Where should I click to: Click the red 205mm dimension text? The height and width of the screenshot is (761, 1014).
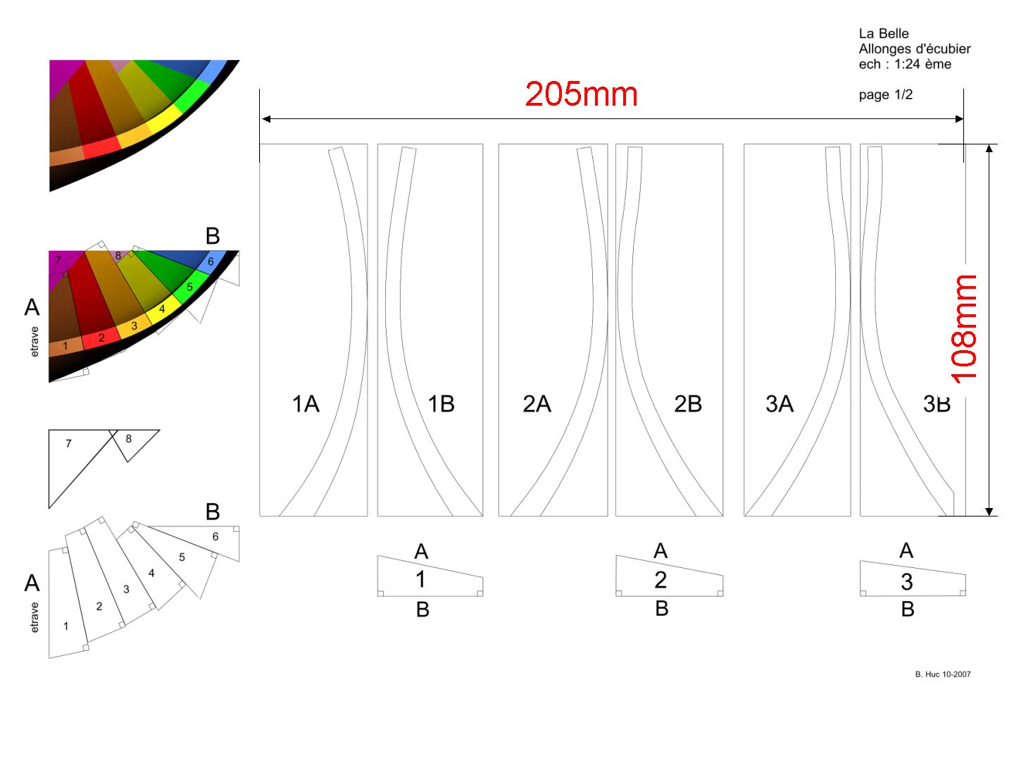point(581,94)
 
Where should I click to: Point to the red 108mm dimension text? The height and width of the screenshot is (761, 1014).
point(964,329)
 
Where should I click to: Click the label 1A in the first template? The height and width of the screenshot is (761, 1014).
point(306,404)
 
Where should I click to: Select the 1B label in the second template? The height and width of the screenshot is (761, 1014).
point(442,404)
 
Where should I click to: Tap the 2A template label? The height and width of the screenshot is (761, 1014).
point(537,404)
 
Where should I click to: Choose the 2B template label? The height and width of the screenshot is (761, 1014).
point(688,404)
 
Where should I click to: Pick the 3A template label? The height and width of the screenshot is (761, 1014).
point(780,404)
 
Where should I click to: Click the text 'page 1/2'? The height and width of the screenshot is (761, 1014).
point(886,94)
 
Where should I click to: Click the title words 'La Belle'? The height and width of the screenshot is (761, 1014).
point(884,33)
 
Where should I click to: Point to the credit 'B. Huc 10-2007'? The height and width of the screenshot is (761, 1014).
point(943,674)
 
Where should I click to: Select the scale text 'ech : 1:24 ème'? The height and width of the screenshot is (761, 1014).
point(905,63)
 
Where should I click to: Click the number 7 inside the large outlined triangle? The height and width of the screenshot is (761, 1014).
point(68,444)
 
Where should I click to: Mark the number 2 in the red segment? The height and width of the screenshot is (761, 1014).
point(101,338)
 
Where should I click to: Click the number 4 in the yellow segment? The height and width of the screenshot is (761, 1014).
point(162,309)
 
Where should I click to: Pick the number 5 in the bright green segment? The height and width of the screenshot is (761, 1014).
point(189,287)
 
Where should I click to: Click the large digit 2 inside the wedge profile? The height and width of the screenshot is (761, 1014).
point(661,579)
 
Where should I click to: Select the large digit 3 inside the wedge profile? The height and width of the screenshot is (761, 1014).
point(907,582)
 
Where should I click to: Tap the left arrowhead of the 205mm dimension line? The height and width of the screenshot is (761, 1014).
point(265,119)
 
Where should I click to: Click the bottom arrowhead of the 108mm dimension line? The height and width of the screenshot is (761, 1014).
point(989,511)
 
